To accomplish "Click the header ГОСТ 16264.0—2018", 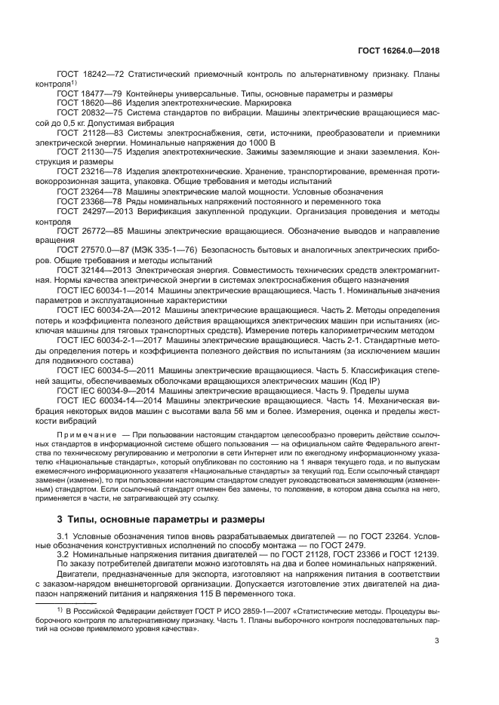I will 398,51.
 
